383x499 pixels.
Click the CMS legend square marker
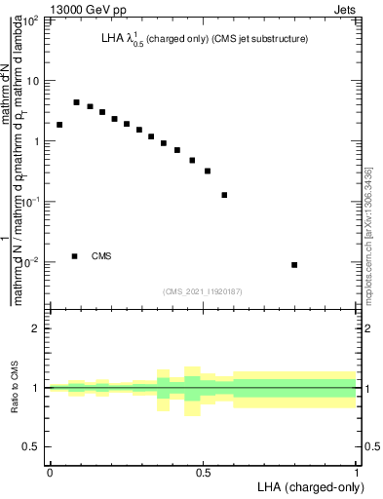tap(74, 256)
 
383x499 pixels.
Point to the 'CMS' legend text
tap(101, 256)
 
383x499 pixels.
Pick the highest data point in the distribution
tap(76, 101)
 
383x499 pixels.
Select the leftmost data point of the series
tap(59, 125)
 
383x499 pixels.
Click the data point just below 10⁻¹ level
tap(225, 195)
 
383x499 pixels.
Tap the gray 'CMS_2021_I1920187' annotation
tap(203, 290)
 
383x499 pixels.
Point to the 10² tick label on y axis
tap(32, 20)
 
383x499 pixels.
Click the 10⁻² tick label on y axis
tap(30, 262)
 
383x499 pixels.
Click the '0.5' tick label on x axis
tap(203, 473)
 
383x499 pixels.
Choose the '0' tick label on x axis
tap(50, 473)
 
